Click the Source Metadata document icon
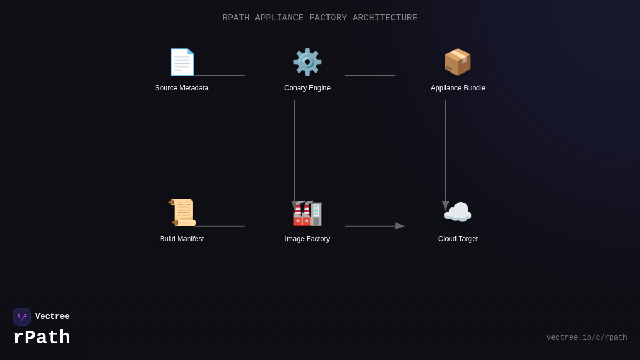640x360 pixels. [182, 62]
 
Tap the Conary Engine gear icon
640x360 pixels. [307, 62]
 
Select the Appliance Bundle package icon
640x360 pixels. [458, 62]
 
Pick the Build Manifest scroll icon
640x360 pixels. [182, 213]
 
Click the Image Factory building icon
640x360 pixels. [308, 213]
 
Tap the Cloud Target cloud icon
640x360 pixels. [458, 213]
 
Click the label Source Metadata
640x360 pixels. [182, 88]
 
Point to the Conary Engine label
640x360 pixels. [307, 88]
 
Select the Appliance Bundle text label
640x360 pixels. [458, 88]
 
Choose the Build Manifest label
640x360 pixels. [182, 239]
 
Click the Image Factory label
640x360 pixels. [307, 239]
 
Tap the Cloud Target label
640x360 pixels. [458, 239]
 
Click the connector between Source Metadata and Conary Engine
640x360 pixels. [220, 75]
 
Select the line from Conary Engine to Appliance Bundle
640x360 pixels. [370, 75]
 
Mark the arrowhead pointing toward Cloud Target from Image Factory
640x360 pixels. [400, 226]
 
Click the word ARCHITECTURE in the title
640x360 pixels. [385, 18]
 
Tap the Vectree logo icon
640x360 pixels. [22, 317]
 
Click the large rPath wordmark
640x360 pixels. [42, 338]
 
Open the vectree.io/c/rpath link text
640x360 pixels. [587, 338]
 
